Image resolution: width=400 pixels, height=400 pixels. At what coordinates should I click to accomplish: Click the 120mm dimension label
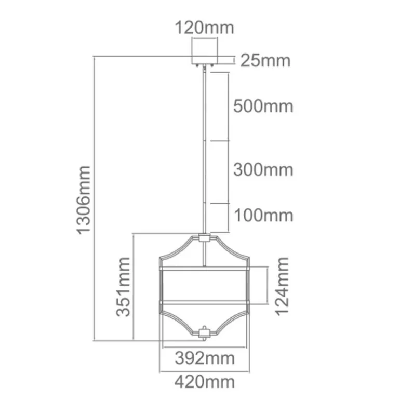tap(204, 27)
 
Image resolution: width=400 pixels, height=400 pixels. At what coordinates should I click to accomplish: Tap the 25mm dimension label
tap(265, 61)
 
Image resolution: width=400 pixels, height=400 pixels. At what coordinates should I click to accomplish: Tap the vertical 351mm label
tap(124, 287)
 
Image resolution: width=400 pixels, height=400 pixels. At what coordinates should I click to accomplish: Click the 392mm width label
tap(204, 358)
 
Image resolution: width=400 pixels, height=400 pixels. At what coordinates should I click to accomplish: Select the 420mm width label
tap(204, 383)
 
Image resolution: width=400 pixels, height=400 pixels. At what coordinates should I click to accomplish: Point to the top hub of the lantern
tap(205, 238)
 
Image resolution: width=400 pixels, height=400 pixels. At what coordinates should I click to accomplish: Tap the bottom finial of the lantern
tap(205, 331)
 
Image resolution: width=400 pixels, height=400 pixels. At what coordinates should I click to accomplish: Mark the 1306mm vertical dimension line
tap(94, 200)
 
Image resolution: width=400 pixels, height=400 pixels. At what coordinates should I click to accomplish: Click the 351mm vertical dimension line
tap(134, 287)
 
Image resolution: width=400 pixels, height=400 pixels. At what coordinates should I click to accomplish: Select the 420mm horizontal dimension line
tap(205, 371)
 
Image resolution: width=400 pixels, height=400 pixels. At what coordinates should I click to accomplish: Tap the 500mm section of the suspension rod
tap(206, 106)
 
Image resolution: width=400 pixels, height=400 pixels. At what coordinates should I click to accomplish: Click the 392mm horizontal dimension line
tap(205, 346)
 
